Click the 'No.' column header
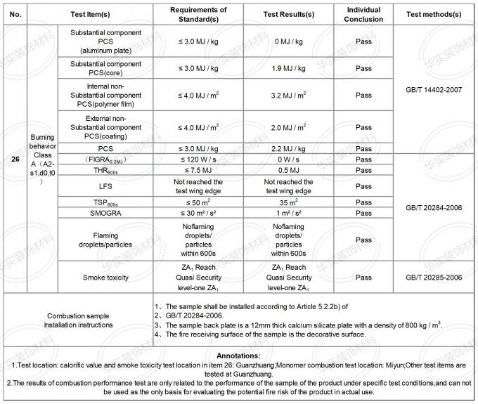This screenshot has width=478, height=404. click(x=15, y=14)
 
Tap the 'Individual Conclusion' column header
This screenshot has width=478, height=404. click(x=363, y=14)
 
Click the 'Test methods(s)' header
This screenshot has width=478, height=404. click(x=433, y=14)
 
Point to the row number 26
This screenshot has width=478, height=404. click(x=15, y=159)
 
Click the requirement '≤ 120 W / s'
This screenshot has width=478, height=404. click(x=200, y=159)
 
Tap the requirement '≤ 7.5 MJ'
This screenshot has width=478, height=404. click(x=200, y=170)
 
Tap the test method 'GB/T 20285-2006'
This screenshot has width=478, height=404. click(x=433, y=278)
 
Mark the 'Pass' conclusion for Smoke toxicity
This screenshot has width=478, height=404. click(x=363, y=278)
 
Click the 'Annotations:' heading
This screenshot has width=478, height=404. click(x=239, y=356)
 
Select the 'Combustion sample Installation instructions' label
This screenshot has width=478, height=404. click(x=79, y=320)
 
